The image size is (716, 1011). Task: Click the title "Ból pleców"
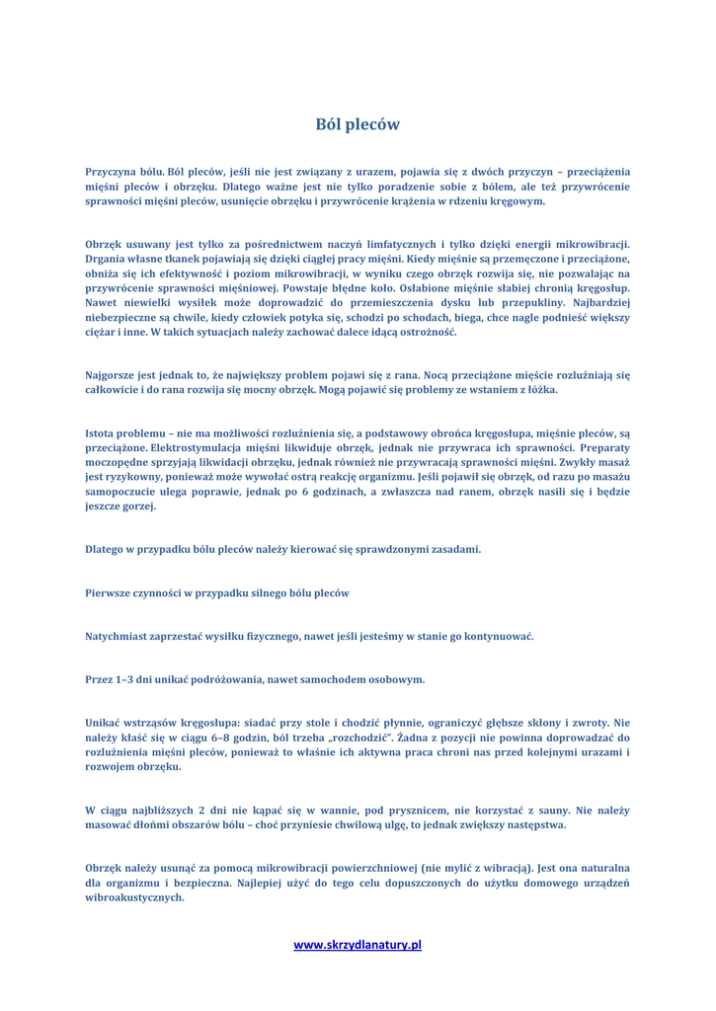coord(358,124)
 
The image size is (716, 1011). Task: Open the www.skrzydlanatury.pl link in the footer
coord(358,945)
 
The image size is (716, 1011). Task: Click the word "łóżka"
coord(538,390)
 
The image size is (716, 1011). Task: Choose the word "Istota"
coord(103,431)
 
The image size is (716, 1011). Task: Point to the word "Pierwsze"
coord(111,592)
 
